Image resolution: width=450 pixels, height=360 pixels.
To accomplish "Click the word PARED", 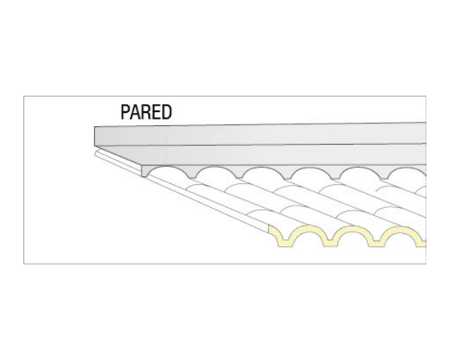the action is point(146,112).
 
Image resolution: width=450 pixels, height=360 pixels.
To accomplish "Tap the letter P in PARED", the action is point(125,112).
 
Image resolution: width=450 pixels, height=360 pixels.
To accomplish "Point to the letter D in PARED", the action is point(167,112).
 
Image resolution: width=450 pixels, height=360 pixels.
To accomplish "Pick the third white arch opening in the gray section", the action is point(263,173).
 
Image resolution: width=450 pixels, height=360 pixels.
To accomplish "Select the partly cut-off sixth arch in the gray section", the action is point(407,173).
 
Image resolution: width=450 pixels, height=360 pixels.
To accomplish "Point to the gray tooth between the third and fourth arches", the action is point(287,173).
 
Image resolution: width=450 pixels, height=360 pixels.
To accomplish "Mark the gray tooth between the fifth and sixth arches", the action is point(384,174).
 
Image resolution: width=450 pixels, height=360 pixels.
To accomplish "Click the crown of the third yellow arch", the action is point(403,228).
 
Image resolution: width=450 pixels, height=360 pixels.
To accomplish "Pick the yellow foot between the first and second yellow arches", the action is point(330,243).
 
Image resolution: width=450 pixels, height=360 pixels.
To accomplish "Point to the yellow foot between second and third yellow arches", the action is point(376,243).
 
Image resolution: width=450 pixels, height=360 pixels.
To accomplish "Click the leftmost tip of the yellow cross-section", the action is point(269,227).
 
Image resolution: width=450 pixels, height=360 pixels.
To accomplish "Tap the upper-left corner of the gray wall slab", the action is point(95,126).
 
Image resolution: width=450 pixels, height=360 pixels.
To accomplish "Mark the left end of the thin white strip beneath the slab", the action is point(95,153).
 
